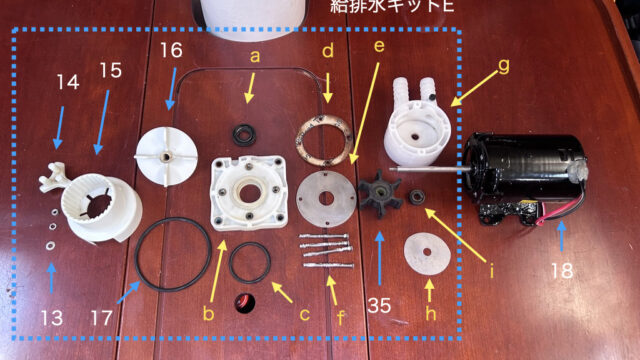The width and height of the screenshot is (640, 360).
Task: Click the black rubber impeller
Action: pyautogui.click(x=380, y=193)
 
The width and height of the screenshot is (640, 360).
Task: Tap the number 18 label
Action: pyautogui.click(x=562, y=271)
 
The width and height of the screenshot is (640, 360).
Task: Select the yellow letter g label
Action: pyautogui.click(x=504, y=65)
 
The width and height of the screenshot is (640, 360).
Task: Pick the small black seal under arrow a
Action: pyautogui.click(x=244, y=135)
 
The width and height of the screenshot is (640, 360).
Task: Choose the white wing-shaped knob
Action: pyautogui.click(x=54, y=177)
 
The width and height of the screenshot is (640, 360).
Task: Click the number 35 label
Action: pyautogui.click(x=380, y=305)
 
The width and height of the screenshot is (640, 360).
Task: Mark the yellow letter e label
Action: pyautogui.click(x=379, y=46)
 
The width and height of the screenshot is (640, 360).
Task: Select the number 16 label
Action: pyautogui.click(x=171, y=51)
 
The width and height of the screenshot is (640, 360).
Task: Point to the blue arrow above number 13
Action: pyautogui.click(x=51, y=278)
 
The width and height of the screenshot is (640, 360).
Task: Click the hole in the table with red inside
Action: pyautogui.click(x=245, y=303)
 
